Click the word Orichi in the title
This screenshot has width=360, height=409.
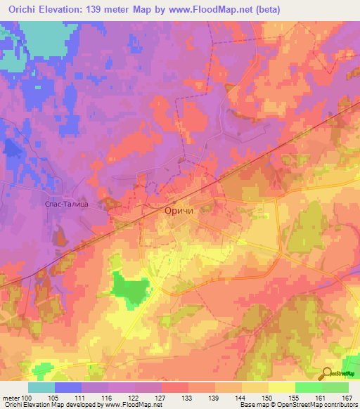click(23, 8)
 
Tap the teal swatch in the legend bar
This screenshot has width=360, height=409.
click(41, 387)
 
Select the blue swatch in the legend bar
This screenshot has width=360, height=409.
click(68, 387)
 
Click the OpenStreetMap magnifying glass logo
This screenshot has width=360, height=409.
click(327, 374)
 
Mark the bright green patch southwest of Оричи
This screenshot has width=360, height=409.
click(131, 288)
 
